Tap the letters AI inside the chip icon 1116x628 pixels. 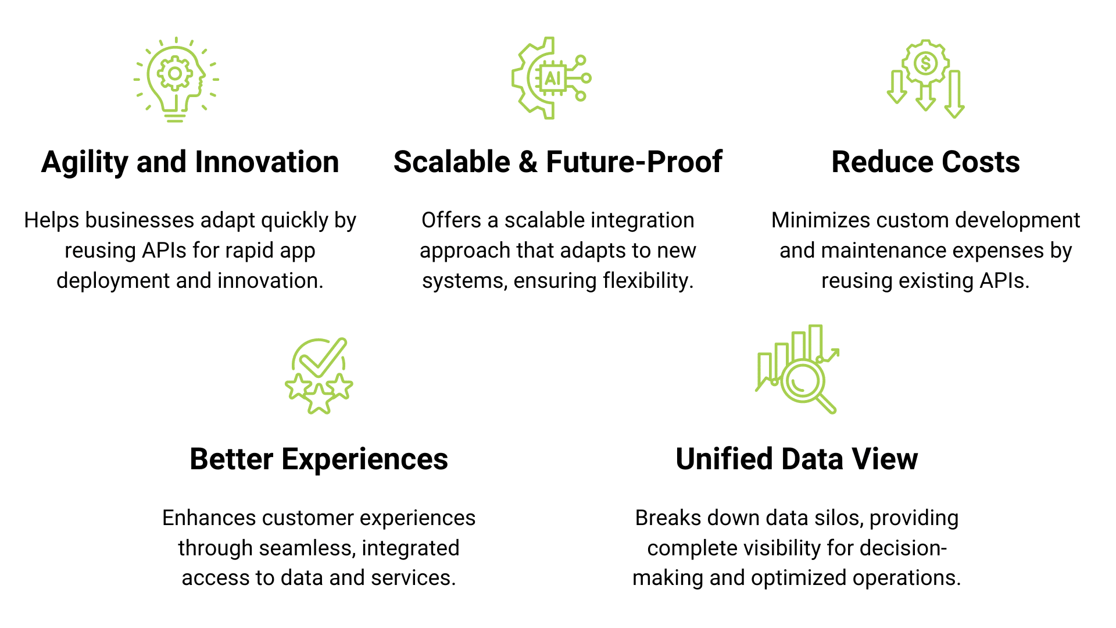(x=553, y=78)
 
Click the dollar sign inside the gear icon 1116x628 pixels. (x=925, y=63)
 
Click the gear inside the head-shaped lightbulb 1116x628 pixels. (x=174, y=74)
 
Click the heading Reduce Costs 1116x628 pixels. (x=925, y=162)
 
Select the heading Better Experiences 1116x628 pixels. (x=319, y=459)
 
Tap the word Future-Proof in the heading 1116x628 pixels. (x=634, y=162)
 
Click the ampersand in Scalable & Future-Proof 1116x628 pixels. (x=528, y=162)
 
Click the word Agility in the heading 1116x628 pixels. (x=84, y=163)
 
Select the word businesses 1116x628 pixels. (x=139, y=220)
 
